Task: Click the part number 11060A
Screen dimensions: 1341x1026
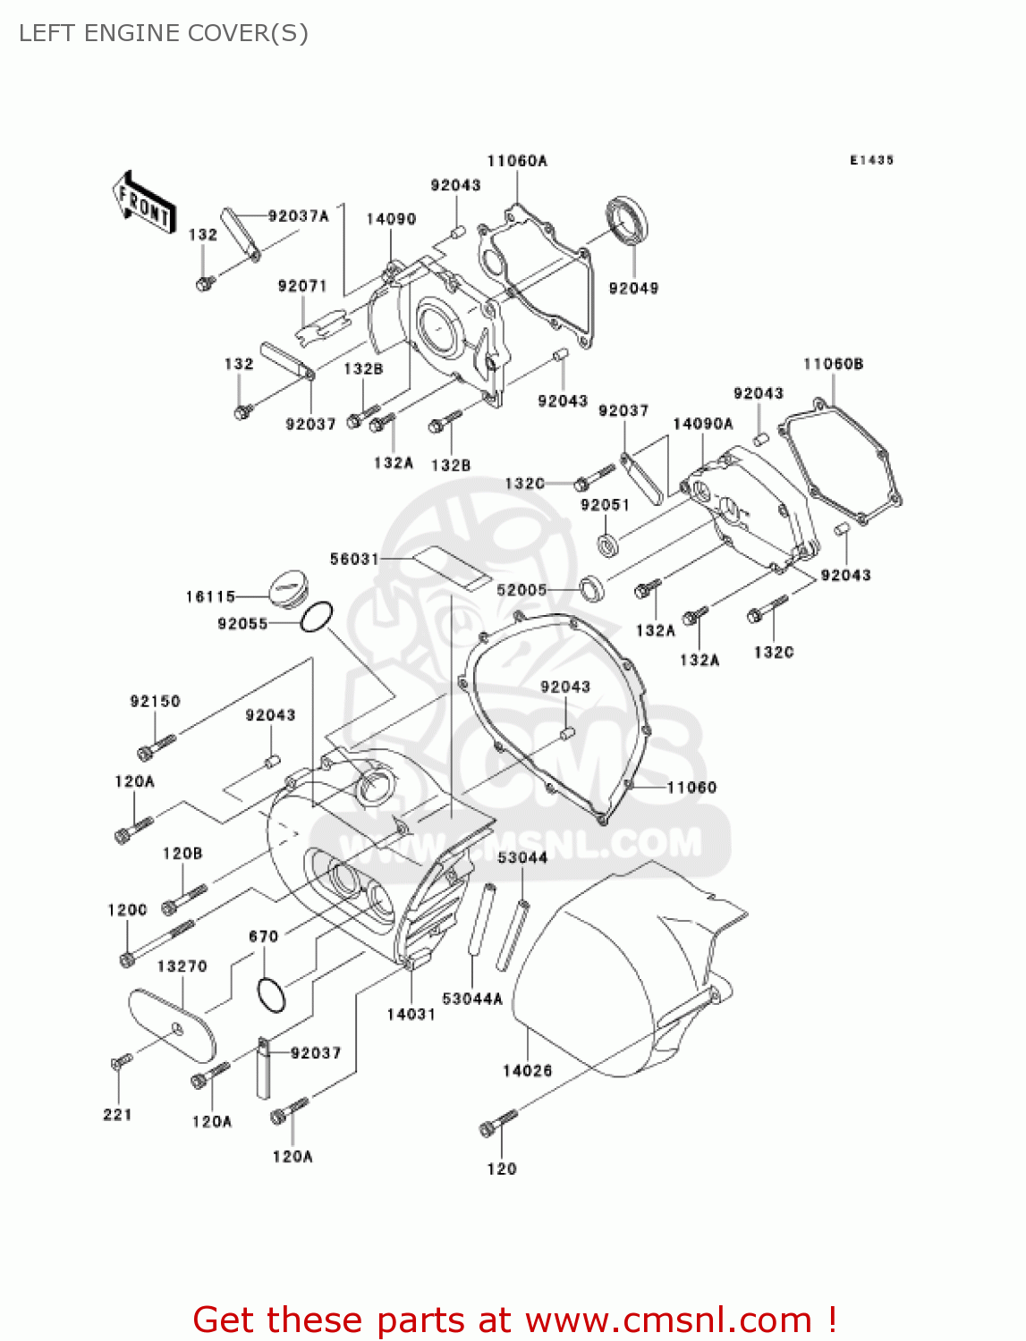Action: pos(517,161)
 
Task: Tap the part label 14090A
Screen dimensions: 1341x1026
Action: pos(703,424)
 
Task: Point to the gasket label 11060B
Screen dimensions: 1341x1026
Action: pos(833,364)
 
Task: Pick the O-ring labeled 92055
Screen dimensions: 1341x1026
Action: pos(317,616)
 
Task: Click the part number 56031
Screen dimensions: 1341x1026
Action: pos(354,559)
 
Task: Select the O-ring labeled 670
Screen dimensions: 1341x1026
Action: pos(270,993)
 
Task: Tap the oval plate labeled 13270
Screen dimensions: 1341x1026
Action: pos(173,1025)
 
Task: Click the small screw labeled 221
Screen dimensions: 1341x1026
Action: pos(121,1061)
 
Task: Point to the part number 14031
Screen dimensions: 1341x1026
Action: pos(411,1014)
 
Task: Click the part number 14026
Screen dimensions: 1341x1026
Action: pos(527,1070)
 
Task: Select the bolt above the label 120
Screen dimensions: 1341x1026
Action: pos(497,1123)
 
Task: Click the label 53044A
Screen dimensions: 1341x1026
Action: pos(472,999)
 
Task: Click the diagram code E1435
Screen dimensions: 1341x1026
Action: pos(871,160)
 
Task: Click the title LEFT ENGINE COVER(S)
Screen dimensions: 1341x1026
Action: pos(164,33)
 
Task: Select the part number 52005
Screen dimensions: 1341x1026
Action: pos(521,590)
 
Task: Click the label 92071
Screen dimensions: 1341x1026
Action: pos(302,286)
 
